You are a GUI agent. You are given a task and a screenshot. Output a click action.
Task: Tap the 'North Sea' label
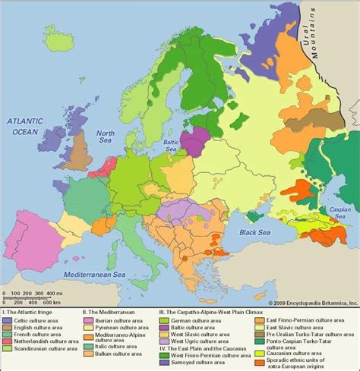tap(105, 137)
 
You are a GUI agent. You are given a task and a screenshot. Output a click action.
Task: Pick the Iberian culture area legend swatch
tap(89, 319)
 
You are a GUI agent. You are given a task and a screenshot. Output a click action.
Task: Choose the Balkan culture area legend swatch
tap(89, 354)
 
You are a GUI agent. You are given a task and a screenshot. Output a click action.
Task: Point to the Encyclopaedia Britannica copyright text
tap(307, 301)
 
